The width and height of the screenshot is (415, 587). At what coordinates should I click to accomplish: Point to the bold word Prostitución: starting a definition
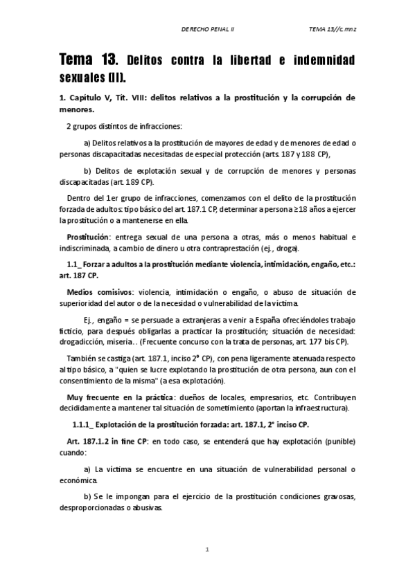tap(87, 237)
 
